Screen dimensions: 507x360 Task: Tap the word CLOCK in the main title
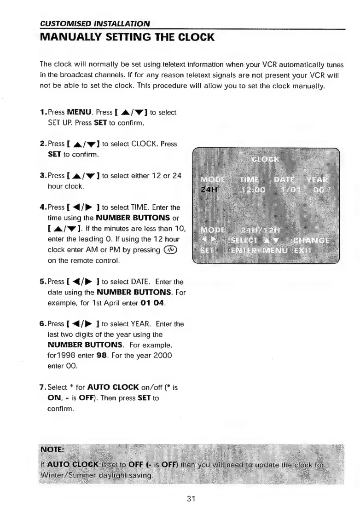click(189, 37)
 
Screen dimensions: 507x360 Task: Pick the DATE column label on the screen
click(285, 179)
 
